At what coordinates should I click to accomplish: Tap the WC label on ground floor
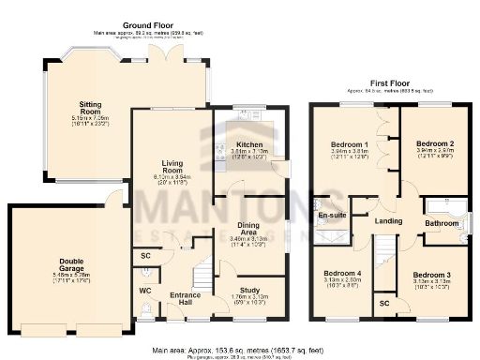tap(146, 292)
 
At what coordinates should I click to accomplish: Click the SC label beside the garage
tap(146, 255)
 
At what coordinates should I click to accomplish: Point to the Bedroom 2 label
tap(433, 144)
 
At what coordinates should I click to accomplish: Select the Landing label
tap(388, 221)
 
